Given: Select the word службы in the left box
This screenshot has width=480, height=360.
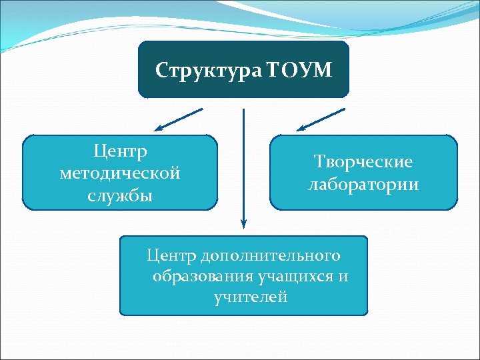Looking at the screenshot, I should pyautogui.click(x=120, y=195).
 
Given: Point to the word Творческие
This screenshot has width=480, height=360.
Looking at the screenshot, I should pyautogui.click(x=363, y=161).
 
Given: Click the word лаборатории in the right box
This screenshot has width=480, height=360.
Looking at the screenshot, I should pyautogui.click(x=363, y=185).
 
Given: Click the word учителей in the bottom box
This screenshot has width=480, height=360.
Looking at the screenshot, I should pyautogui.click(x=251, y=297).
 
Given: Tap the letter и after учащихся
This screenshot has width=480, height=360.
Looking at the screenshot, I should pyautogui.click(x=343, y=276).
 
